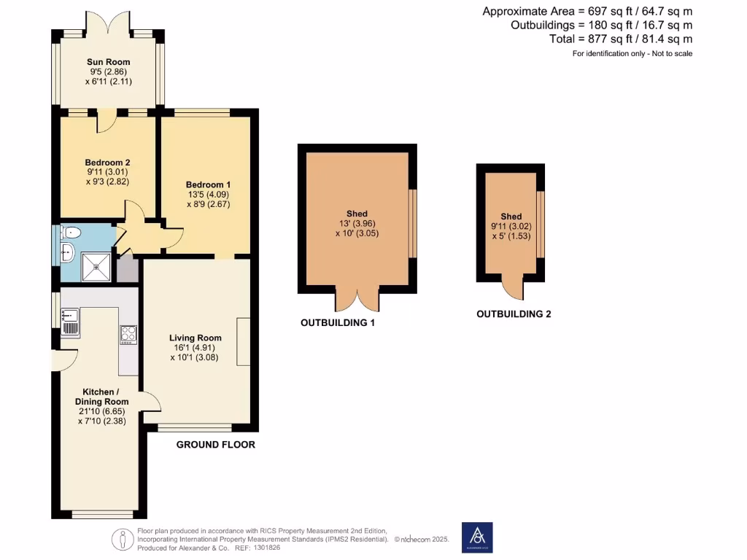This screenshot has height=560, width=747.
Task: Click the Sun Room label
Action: click(x=108, y=63)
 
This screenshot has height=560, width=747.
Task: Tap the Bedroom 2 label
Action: click(x=107, y=162)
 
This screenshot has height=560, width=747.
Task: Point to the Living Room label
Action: click(x=195, y=338)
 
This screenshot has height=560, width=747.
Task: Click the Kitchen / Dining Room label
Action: click(x=101, y=397)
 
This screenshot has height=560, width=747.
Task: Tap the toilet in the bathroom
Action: click(x=70, y=233)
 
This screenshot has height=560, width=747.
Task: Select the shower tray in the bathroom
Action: click(x=98, y=266)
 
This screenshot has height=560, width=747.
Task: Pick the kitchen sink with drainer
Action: click(x=71, y=322)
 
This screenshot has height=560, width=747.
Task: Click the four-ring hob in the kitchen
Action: click(x=128, y=333)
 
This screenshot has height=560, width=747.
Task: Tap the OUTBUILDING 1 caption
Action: click(x=338, y=322)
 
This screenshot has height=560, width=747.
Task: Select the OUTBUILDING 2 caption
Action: click(x=514, y=314)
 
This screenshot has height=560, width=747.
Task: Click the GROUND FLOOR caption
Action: click(x=216, y=444)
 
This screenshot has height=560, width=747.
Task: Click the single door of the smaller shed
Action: click(x=514, y=289)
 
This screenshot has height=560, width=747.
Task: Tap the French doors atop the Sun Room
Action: click(x=108, y=23)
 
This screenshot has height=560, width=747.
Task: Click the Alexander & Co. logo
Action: click(x=477, y=537)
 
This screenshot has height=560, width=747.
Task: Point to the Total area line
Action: click(x=620, y=39)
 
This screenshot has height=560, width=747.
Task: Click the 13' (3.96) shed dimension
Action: click(x=357, y=224)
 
